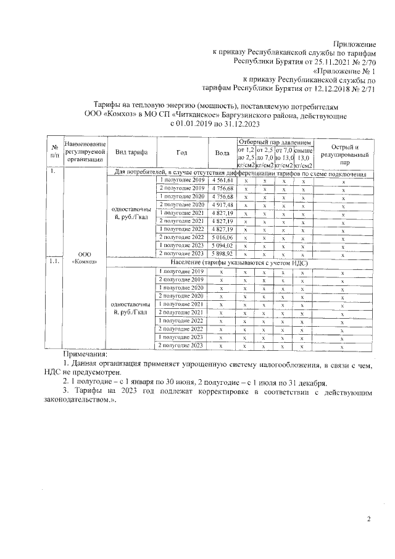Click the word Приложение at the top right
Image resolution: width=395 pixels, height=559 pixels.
click(355, 44)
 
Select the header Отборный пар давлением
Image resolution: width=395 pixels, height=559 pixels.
click(276, 142)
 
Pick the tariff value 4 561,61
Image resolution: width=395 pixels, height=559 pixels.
click(222, 180)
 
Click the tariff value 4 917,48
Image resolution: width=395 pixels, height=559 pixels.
click(222, 204)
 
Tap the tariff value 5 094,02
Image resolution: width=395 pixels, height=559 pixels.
click(222, 245)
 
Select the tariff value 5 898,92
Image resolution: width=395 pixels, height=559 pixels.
click(222, 254)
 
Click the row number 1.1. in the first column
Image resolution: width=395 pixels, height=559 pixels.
click(54, 262)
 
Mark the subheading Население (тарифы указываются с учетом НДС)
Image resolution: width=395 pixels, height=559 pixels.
click(238, 263)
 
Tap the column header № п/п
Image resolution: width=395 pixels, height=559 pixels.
click(54, 153)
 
